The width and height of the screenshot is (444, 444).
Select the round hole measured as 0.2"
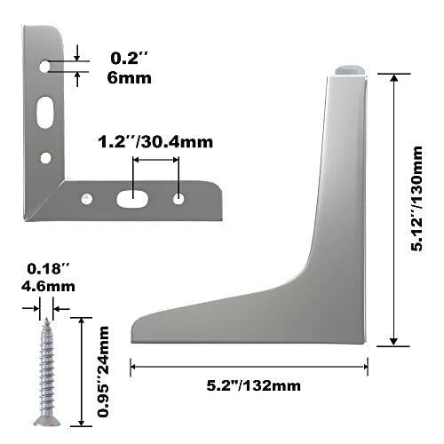tap(45, 66)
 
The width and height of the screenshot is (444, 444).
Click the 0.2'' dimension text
tap(129, 59)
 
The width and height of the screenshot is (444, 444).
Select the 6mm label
tap(130, 77)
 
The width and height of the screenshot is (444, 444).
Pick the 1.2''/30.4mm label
tap(156, 141)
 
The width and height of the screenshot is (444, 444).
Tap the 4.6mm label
tap(44, 286)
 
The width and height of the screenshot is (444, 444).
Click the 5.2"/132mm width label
tap(250, 385)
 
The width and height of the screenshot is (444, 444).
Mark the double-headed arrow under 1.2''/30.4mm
tap(156, 160)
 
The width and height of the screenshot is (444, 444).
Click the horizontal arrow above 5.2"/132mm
tap(250, 364)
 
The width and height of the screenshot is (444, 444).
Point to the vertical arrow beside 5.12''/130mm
tap(393, 210)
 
